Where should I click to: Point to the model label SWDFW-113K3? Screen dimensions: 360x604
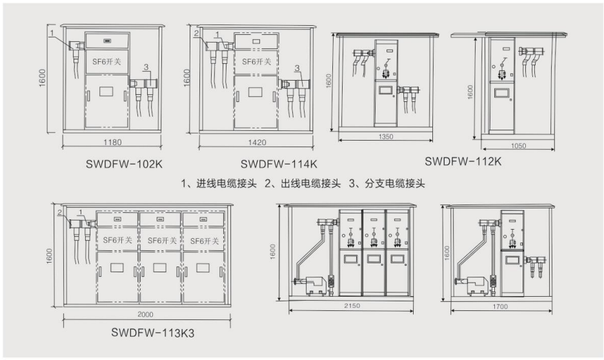pos(151,334)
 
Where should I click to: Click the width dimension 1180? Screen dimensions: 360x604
pos(113,142)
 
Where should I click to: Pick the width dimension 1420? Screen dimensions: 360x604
pos(257,142)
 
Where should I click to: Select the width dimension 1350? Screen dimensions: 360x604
pos(386,137)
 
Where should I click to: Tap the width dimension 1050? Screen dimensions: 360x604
pos(518,146)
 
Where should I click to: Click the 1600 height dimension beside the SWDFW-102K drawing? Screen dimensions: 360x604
pos(43,79)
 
